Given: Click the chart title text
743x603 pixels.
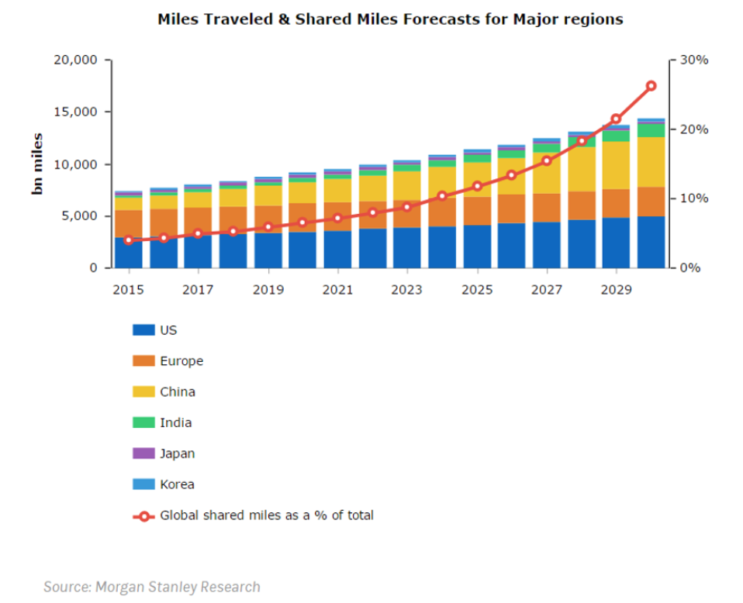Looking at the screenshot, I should [390, 19].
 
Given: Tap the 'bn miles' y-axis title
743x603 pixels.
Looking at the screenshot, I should [36, 164].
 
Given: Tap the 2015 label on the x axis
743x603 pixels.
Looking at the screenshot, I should [129, 290].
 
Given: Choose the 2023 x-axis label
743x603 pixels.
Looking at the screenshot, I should [407, 290].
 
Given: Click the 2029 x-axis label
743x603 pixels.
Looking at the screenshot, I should [616, 290].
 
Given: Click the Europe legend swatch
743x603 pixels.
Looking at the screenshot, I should [144, 361].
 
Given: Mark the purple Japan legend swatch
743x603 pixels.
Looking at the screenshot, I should [144, 453].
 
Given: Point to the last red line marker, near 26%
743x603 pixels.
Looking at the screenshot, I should [651, 86].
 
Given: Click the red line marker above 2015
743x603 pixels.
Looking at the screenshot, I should [129, 240].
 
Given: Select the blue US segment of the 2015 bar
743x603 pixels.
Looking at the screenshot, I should [129, 253].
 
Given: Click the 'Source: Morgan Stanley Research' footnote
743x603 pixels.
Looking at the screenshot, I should [152, 587].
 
